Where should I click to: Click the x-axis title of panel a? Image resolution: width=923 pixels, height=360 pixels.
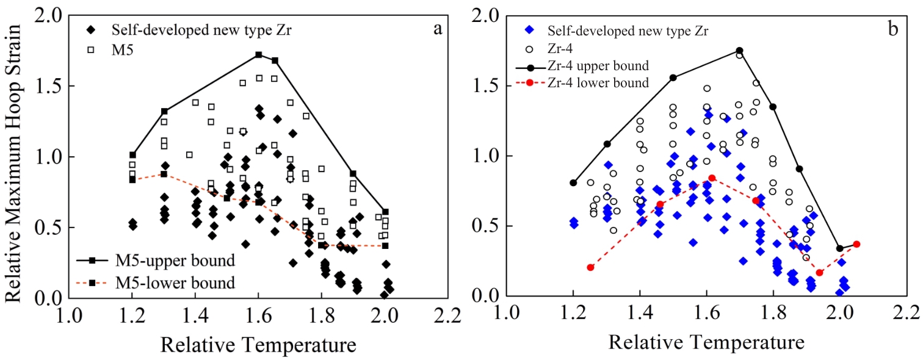tap(258, 345)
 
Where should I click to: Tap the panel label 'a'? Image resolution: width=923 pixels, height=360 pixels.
tap(438, 29)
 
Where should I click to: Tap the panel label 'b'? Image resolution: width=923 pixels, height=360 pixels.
tap(892, 29)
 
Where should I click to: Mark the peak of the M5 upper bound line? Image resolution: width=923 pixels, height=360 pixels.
tap(258, 55)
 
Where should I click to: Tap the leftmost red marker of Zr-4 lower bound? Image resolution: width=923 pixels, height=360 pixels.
tap(590, 267)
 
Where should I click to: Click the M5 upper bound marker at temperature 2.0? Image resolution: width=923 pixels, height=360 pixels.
tap(385, 212)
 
